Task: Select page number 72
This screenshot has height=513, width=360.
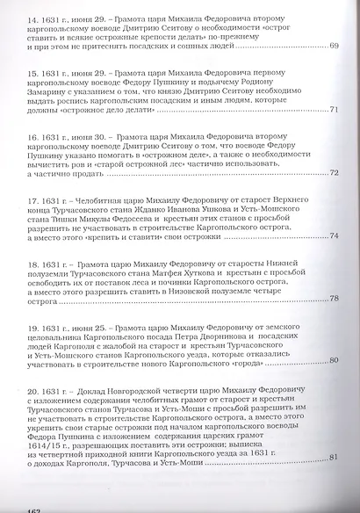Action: click(334, 172)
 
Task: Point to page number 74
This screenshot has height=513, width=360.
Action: click(334, 235)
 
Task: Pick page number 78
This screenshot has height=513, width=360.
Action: click(334, 298)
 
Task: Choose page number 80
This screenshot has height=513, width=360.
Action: click(334, 360)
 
